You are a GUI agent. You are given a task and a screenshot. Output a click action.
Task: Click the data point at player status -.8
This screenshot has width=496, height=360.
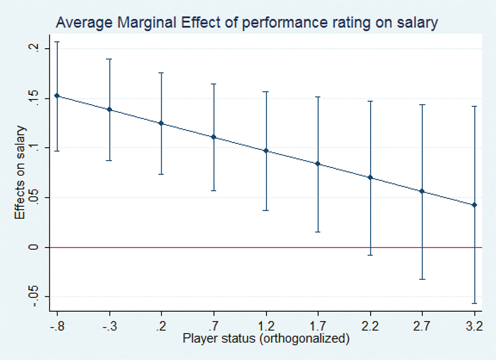[57, 96]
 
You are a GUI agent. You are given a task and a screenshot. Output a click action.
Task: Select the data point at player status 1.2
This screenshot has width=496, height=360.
[266, 151]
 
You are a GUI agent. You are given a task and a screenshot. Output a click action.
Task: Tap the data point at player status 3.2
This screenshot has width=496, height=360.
[474, 205]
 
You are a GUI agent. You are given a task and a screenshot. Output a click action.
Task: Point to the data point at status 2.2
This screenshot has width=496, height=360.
[370, 178]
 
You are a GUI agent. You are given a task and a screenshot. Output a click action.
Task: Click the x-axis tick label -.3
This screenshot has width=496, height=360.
[109, 327]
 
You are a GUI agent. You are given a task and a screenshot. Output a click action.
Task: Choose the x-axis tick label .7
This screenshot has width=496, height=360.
[214, 327]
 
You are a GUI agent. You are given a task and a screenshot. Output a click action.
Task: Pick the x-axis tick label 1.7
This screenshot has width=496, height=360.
[318, 327]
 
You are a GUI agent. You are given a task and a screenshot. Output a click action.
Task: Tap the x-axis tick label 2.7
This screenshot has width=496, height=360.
[422, 327]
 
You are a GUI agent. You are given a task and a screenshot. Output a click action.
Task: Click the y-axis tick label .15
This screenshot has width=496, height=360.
[33, 98]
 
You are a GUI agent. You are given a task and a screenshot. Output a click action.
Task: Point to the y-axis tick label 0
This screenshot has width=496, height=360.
[33, 247]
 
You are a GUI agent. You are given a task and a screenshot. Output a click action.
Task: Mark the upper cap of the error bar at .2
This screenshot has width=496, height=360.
[161, 73]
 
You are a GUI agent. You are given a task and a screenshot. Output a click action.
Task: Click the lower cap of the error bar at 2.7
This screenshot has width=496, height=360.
[422, 279]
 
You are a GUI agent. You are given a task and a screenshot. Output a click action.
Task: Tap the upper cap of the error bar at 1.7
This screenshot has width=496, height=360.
[318, 97]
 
